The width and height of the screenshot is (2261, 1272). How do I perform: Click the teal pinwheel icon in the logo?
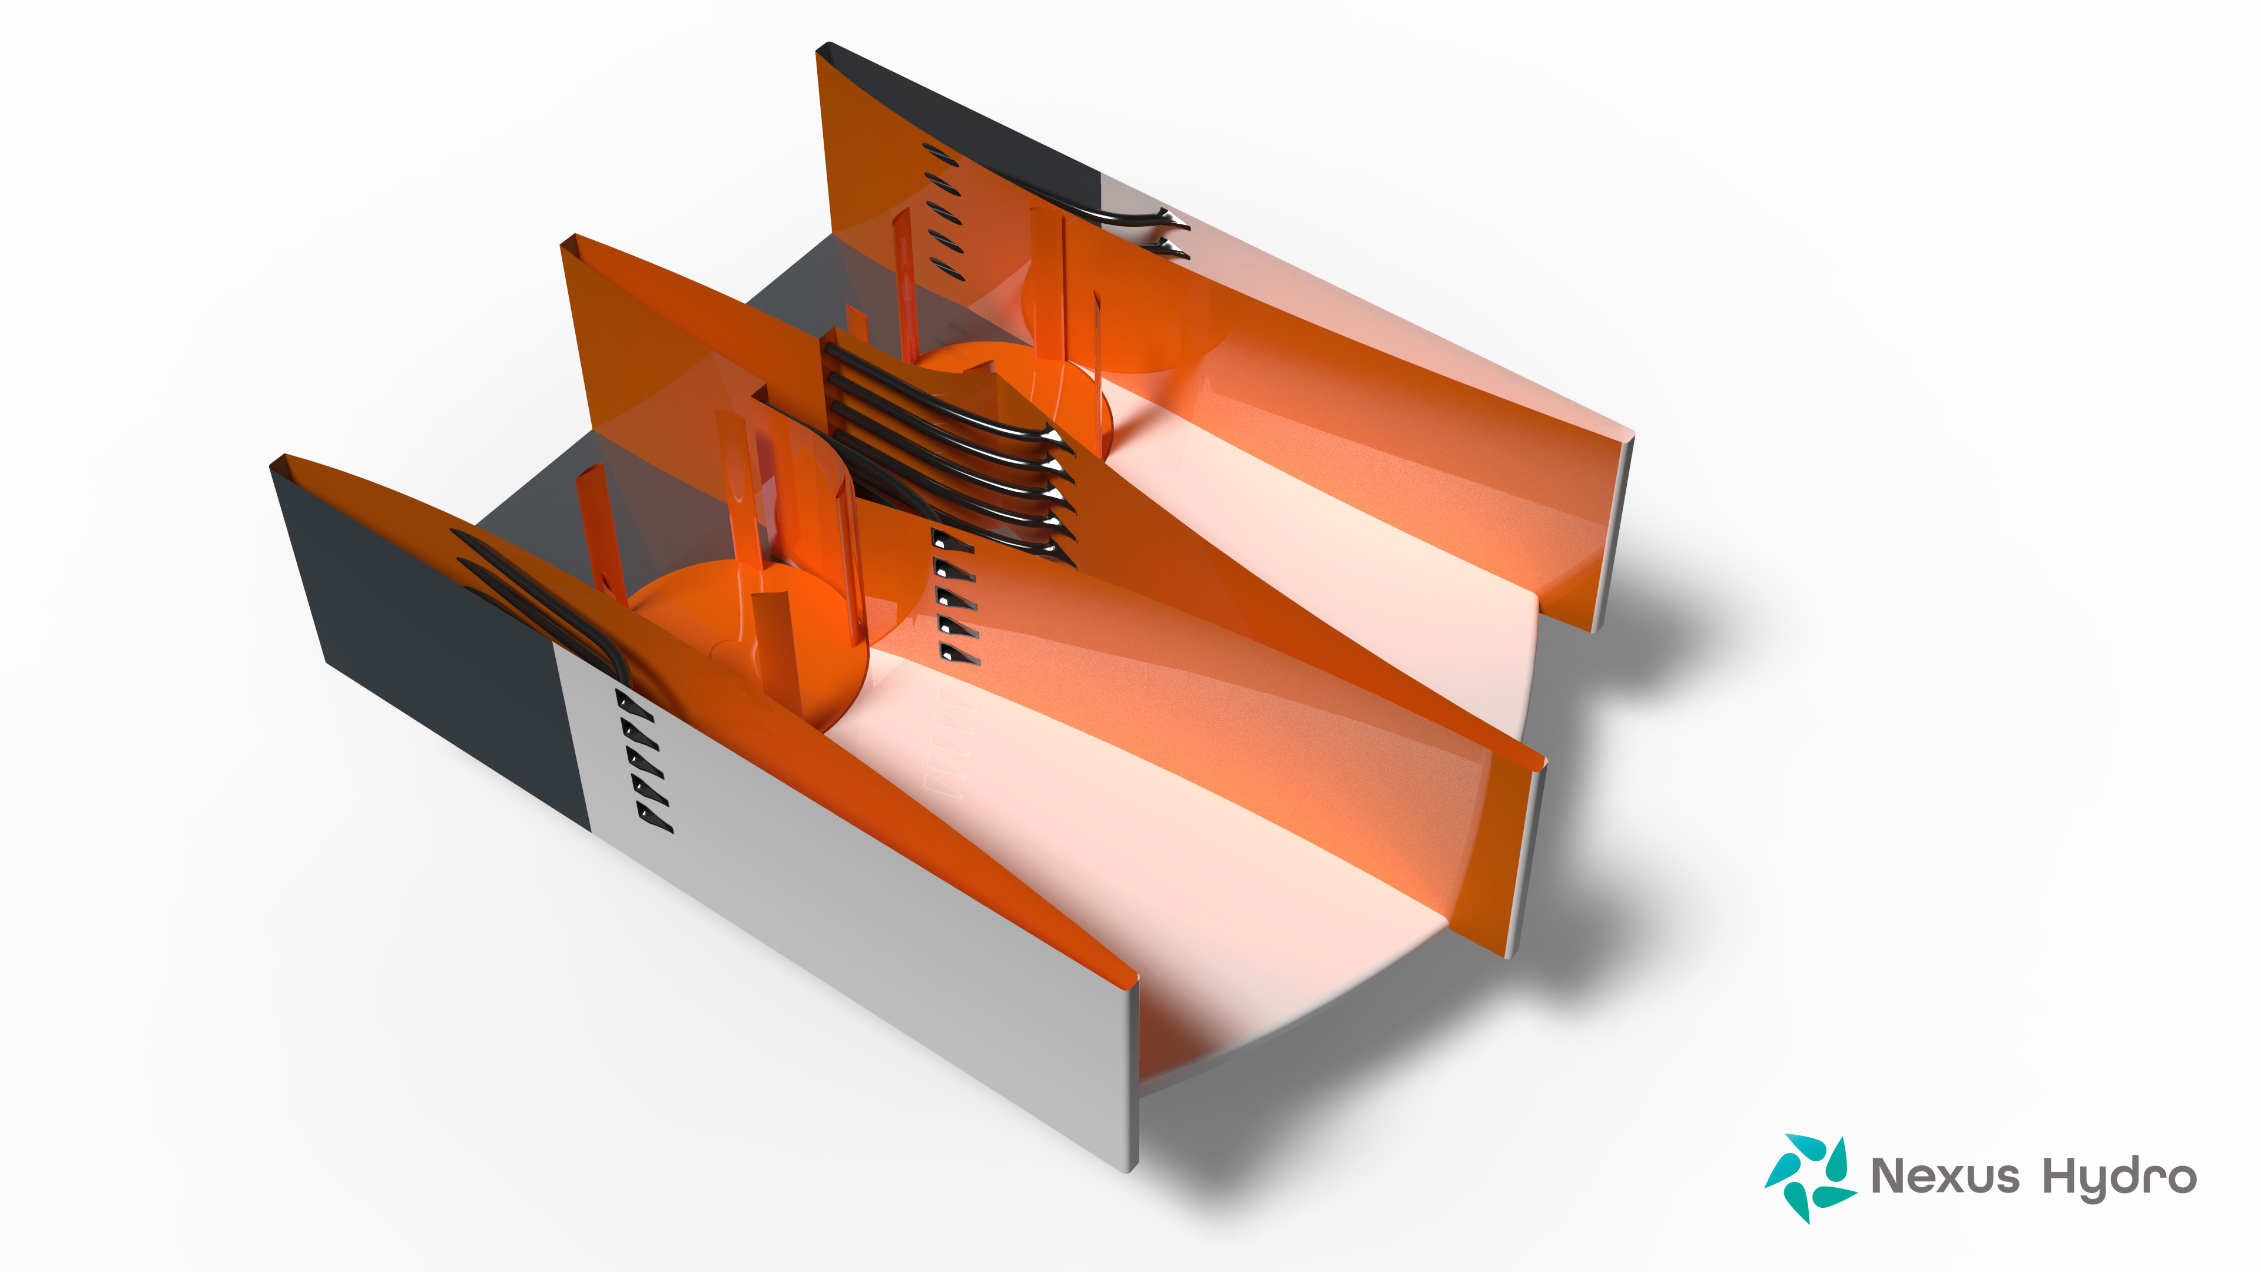click(x=1810, y=1177)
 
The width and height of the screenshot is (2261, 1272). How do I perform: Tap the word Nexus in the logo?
click(x=1945, y=1175)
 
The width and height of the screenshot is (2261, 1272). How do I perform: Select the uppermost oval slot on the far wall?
click(x=940, y=155)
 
